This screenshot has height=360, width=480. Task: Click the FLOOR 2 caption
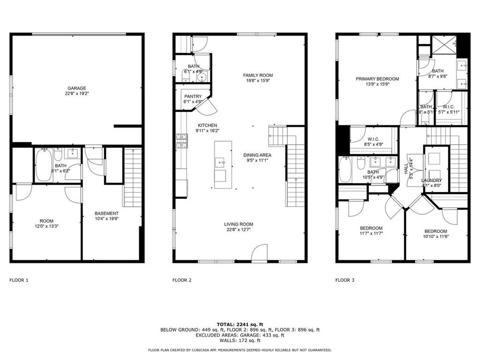182,280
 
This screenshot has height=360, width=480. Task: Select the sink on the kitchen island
220,163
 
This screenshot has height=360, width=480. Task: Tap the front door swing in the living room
259,253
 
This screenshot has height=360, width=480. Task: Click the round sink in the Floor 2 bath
202,77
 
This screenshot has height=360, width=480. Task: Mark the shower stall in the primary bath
444,45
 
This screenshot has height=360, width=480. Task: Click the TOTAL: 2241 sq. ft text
240,324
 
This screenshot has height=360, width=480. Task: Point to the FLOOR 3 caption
345,280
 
